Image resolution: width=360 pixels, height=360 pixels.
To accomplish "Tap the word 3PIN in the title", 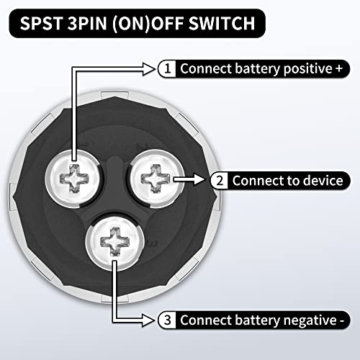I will [x=91, y=24].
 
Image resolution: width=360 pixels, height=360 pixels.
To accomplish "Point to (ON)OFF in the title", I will [x=153, y=24].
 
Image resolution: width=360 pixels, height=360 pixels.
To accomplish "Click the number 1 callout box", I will [x=168, y=69].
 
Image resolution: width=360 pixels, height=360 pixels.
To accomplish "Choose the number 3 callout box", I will [x=168, y=319].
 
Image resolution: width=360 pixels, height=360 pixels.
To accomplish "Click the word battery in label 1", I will [x=260, y=69].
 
